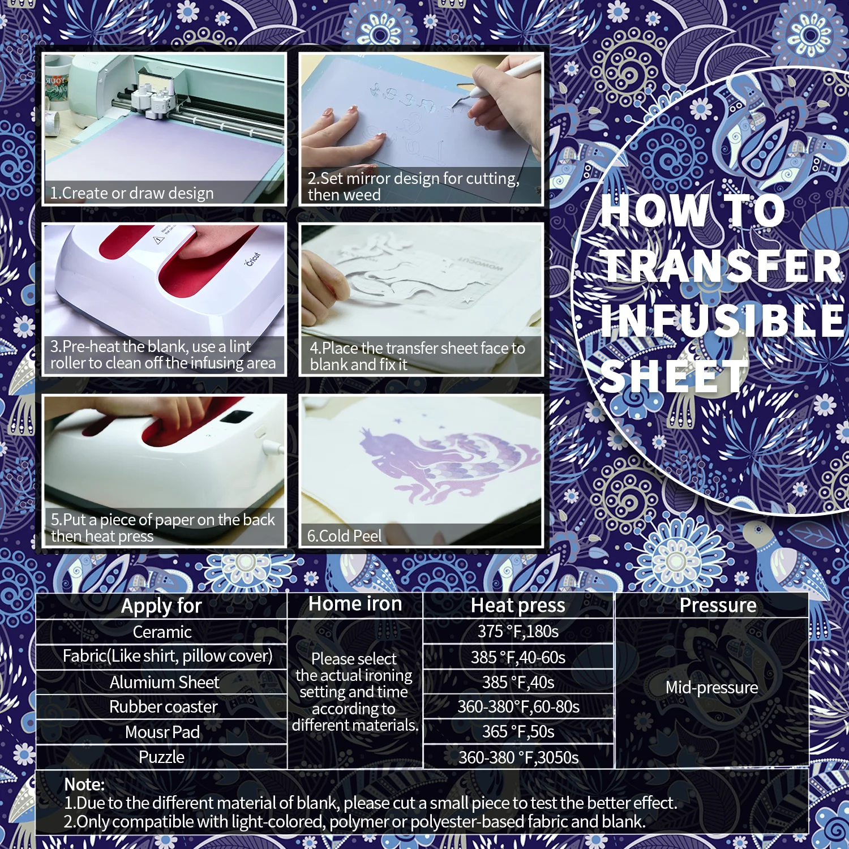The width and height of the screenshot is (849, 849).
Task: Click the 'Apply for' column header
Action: click(161, 606)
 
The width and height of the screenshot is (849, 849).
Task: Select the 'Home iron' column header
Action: click(355, 604)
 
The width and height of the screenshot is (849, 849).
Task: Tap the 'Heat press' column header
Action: click(518, 606)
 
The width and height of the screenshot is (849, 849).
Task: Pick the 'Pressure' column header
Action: click(718, 605)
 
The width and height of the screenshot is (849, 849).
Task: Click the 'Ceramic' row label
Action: click(162, 632)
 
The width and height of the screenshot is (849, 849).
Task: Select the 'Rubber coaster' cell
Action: click(163, 707)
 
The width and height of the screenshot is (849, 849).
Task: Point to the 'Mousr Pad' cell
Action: click(162, 732)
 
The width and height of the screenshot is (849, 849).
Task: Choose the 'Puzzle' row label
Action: click(162, 757)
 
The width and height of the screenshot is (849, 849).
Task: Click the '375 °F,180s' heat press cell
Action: click(518, 632)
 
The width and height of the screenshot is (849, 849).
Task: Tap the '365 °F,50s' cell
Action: click(518, 732)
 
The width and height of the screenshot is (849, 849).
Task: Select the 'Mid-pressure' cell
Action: click(711, 688)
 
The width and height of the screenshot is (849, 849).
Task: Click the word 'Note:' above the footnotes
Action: click(84, 784)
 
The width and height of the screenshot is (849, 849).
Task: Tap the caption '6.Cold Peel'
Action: click(344, 536)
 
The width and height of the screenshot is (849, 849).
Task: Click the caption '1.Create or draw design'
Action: click(132, 194)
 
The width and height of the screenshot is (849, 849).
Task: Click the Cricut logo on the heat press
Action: click(253, 260)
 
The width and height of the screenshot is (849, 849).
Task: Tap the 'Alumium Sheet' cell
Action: click(164, 682)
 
